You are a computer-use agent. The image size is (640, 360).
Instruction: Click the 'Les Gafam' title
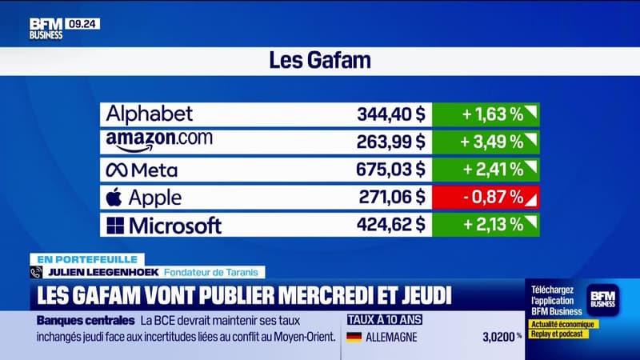(320, 61)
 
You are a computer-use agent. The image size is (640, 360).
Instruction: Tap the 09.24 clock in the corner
(83, 24)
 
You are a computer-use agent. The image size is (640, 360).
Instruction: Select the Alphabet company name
(150, 114)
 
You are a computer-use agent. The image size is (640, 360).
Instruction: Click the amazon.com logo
(159, 141)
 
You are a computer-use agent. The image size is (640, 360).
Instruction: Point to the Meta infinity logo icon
(118, 170)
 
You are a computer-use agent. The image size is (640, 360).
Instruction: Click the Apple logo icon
(116, 196)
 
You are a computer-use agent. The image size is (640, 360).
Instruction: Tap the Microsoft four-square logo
(116, 225)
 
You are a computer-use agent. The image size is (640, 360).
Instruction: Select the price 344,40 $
(390, 114)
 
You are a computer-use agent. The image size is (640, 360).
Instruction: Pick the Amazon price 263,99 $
(390, 142)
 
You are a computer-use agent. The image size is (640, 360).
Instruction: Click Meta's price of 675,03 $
(390, 170)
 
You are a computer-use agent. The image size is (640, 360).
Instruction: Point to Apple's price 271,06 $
(390, 197)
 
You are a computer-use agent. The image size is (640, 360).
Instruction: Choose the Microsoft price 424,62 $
(390, 225)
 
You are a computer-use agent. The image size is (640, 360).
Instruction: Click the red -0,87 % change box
(486, 197)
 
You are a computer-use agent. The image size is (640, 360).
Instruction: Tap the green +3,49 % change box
(486, 142)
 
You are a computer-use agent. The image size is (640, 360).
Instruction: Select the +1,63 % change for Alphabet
(486, 114)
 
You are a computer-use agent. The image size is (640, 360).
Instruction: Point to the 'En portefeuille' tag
(87, 259)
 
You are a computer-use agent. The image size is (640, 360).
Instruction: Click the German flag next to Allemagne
(354, 338)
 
